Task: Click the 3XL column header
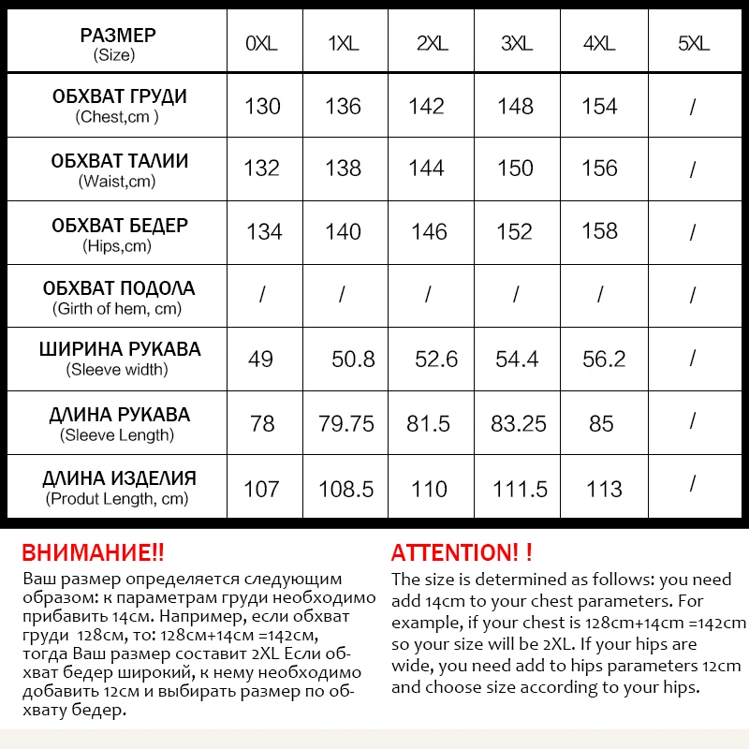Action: (x=516, y=44)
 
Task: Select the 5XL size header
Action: (x=693, y=44)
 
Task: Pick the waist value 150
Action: (x=516, y=169)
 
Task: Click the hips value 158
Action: (x=599, y=231)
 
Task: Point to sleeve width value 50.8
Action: (x=353, y=359)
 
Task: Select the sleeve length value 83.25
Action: (x=518, y=423)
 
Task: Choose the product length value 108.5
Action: (x=346, y=489)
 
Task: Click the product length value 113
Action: (x=604, y=489)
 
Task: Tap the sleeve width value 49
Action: (x=260, y=359)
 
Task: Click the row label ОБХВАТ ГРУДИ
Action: (x=119, y=97)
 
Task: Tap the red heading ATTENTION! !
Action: (x=462, y=552)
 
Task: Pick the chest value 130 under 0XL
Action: (x=262, y=106)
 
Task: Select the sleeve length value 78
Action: (x=262, y=423)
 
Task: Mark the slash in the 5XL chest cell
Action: (x=693, y=108)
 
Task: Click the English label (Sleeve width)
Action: (x=118, y=370)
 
